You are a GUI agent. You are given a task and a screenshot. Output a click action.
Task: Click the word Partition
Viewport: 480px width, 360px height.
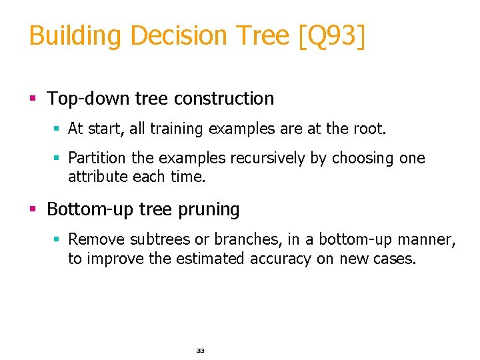click(93, 158)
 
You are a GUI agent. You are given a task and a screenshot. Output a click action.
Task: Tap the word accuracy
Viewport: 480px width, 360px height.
click(281, 259)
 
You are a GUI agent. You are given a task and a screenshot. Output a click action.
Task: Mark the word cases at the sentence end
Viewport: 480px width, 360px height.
click(394, 259)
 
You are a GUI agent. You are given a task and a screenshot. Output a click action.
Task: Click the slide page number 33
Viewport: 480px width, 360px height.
click(200, 350)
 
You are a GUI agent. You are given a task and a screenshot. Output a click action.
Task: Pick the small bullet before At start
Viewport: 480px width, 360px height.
click(57, 129)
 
